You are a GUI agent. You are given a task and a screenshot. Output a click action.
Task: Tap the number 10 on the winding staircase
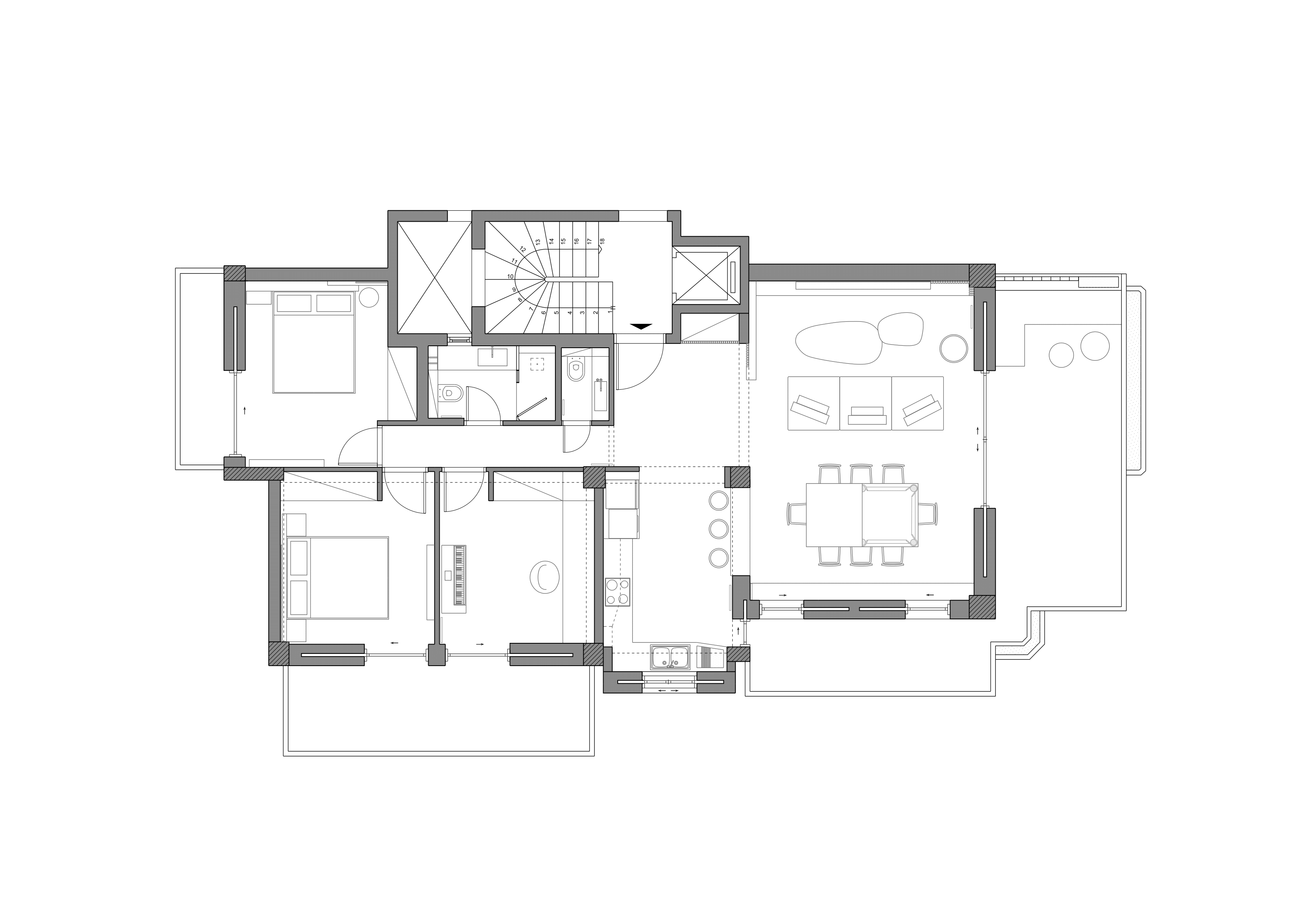pyautogui.click(x=510, y=276)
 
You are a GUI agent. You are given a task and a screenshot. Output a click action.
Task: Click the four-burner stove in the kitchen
pyautogui.click(x=617, y=591)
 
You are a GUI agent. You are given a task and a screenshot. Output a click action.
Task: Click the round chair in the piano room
pyautogui.click(x=544, y=577)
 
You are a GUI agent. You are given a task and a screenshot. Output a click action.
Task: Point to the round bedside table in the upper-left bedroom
pyautogui.click(x=369, y=297)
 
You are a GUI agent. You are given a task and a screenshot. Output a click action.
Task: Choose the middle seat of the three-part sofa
pyautogui.click(x=866, y=403)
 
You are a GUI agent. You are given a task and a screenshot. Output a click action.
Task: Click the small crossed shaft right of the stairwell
pyautogui.click(x=706, y=276)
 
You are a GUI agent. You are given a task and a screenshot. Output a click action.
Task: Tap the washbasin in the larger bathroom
pyautogui.click(x=493, y=357)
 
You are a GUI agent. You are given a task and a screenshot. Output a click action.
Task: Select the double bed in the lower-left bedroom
pyautogui.click(x=338, y=578)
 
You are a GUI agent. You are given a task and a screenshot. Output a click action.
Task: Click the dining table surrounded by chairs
pyautogui.click(x=862, y=515)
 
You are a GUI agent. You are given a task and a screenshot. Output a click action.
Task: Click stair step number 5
pyautogui.click(x=557, y=312)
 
